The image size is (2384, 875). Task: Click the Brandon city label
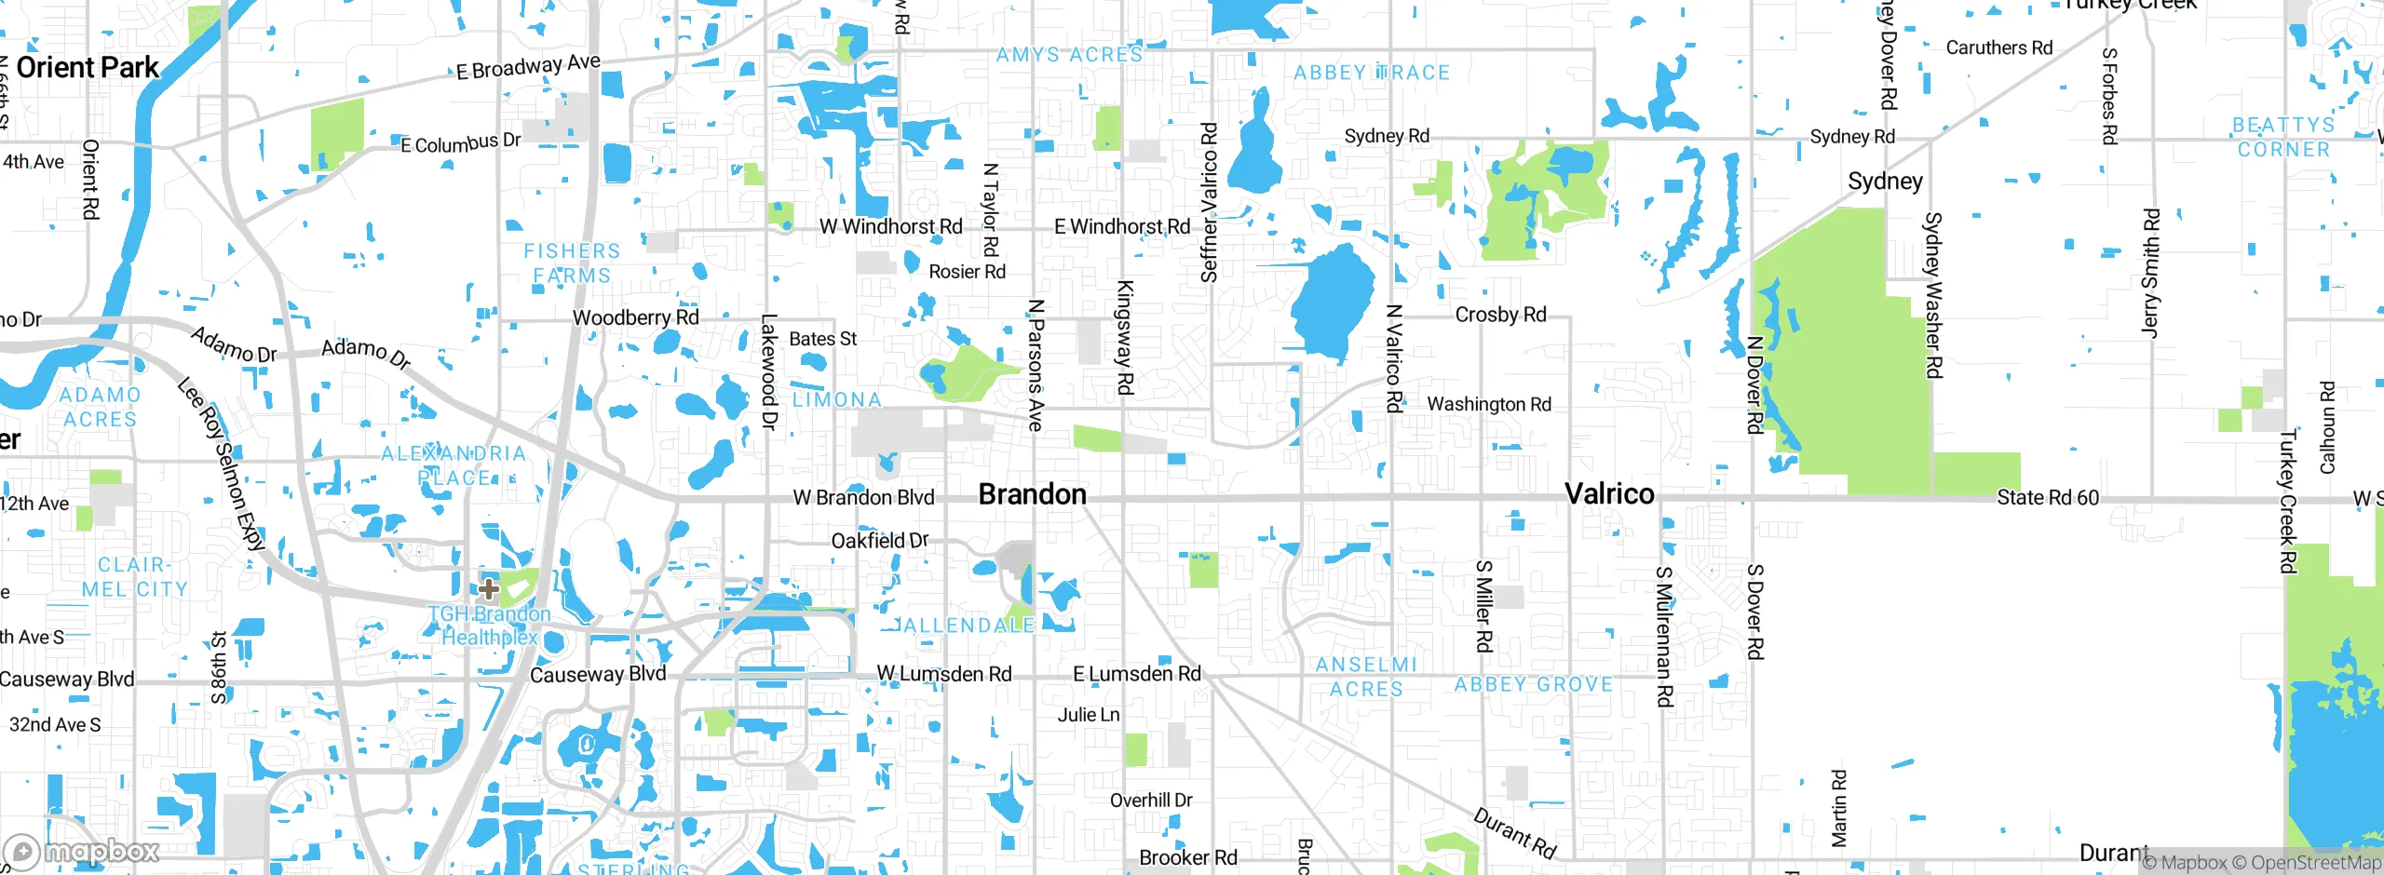click(x=1032, y=494)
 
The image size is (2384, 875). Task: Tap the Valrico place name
click(x=1609, y=494)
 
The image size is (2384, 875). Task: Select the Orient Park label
click(x=88, y=68)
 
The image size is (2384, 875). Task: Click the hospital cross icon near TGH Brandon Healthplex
click(x=489, y=588)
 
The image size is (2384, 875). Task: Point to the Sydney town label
click(x=1885, y=182)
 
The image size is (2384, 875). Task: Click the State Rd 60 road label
click(x=2047, y=498)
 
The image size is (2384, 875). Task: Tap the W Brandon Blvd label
click(x=863, y=498)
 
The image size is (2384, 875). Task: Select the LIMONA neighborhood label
click(x=836, y=400)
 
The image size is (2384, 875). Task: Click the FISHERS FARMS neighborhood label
click(x=571, y=263)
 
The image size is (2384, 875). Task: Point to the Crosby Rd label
click(x=1500, y=316)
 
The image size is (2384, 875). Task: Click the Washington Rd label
click(x=1488, y=405)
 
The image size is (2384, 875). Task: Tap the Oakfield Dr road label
click(x=879, y=541)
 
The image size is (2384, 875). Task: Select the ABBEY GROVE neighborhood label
click(x=1533, y=685)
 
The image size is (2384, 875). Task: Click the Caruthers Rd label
click(x=1998, y=48)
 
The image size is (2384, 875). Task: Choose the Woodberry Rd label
click(x=635, y=318)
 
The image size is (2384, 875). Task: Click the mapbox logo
click(x=82, y=851)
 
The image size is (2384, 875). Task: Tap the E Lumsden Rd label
click(x=1136, y=674)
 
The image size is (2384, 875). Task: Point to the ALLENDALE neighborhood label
click(x=968, y=626)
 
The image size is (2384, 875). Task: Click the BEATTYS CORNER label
click(x=2282, y=138)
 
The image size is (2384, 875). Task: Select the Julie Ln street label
click(x=1088, y=716)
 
